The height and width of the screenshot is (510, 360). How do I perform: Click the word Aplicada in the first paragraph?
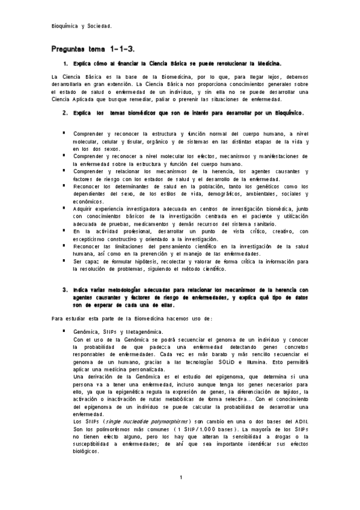pyautogui.click(x=73, y=99)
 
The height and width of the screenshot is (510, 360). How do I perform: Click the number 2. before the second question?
pyautogui.click(x=65, y=112)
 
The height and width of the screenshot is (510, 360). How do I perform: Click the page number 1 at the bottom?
pyautogui.click(x=180, y=478)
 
